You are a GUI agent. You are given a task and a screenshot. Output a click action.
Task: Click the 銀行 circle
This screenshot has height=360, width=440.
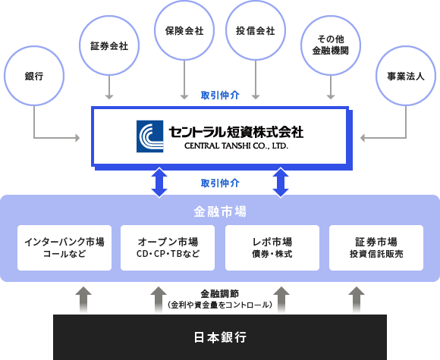[34, 46]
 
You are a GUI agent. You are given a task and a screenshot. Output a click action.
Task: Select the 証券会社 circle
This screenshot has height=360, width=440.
[109, 16]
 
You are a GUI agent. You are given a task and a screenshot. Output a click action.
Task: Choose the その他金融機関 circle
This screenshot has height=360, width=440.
[331, 16]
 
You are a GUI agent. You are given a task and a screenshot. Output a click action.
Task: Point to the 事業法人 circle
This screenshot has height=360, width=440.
[406, 46]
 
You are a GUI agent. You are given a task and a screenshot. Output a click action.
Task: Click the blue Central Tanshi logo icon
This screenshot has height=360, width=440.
[150, 136]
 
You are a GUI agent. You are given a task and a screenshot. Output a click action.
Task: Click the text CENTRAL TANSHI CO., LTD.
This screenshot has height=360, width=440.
[236, 146]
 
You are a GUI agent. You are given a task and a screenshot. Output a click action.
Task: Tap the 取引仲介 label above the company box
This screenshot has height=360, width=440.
[220, 95]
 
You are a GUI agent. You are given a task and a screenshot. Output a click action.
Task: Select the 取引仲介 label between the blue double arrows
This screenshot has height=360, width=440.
[220, 183]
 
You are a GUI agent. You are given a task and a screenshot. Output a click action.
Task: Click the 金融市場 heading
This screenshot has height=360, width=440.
[220, 211]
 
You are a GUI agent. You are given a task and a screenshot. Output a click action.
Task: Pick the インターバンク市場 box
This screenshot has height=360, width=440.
[64, 248]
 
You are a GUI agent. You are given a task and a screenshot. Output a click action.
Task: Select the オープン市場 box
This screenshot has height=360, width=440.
[168, 248]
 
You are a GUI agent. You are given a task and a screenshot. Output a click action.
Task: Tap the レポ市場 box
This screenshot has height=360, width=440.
[272, 248]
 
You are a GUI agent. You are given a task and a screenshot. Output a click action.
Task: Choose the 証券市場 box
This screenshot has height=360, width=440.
[376, 248]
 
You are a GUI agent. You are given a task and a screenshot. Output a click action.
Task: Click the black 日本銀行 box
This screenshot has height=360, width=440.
[220, 337]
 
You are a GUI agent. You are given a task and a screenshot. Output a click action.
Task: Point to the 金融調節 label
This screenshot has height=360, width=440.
[220, 294]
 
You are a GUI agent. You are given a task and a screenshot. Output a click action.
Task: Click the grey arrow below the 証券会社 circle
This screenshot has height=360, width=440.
[109, 87]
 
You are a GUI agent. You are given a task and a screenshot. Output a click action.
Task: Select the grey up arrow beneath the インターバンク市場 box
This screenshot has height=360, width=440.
[83, 299]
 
